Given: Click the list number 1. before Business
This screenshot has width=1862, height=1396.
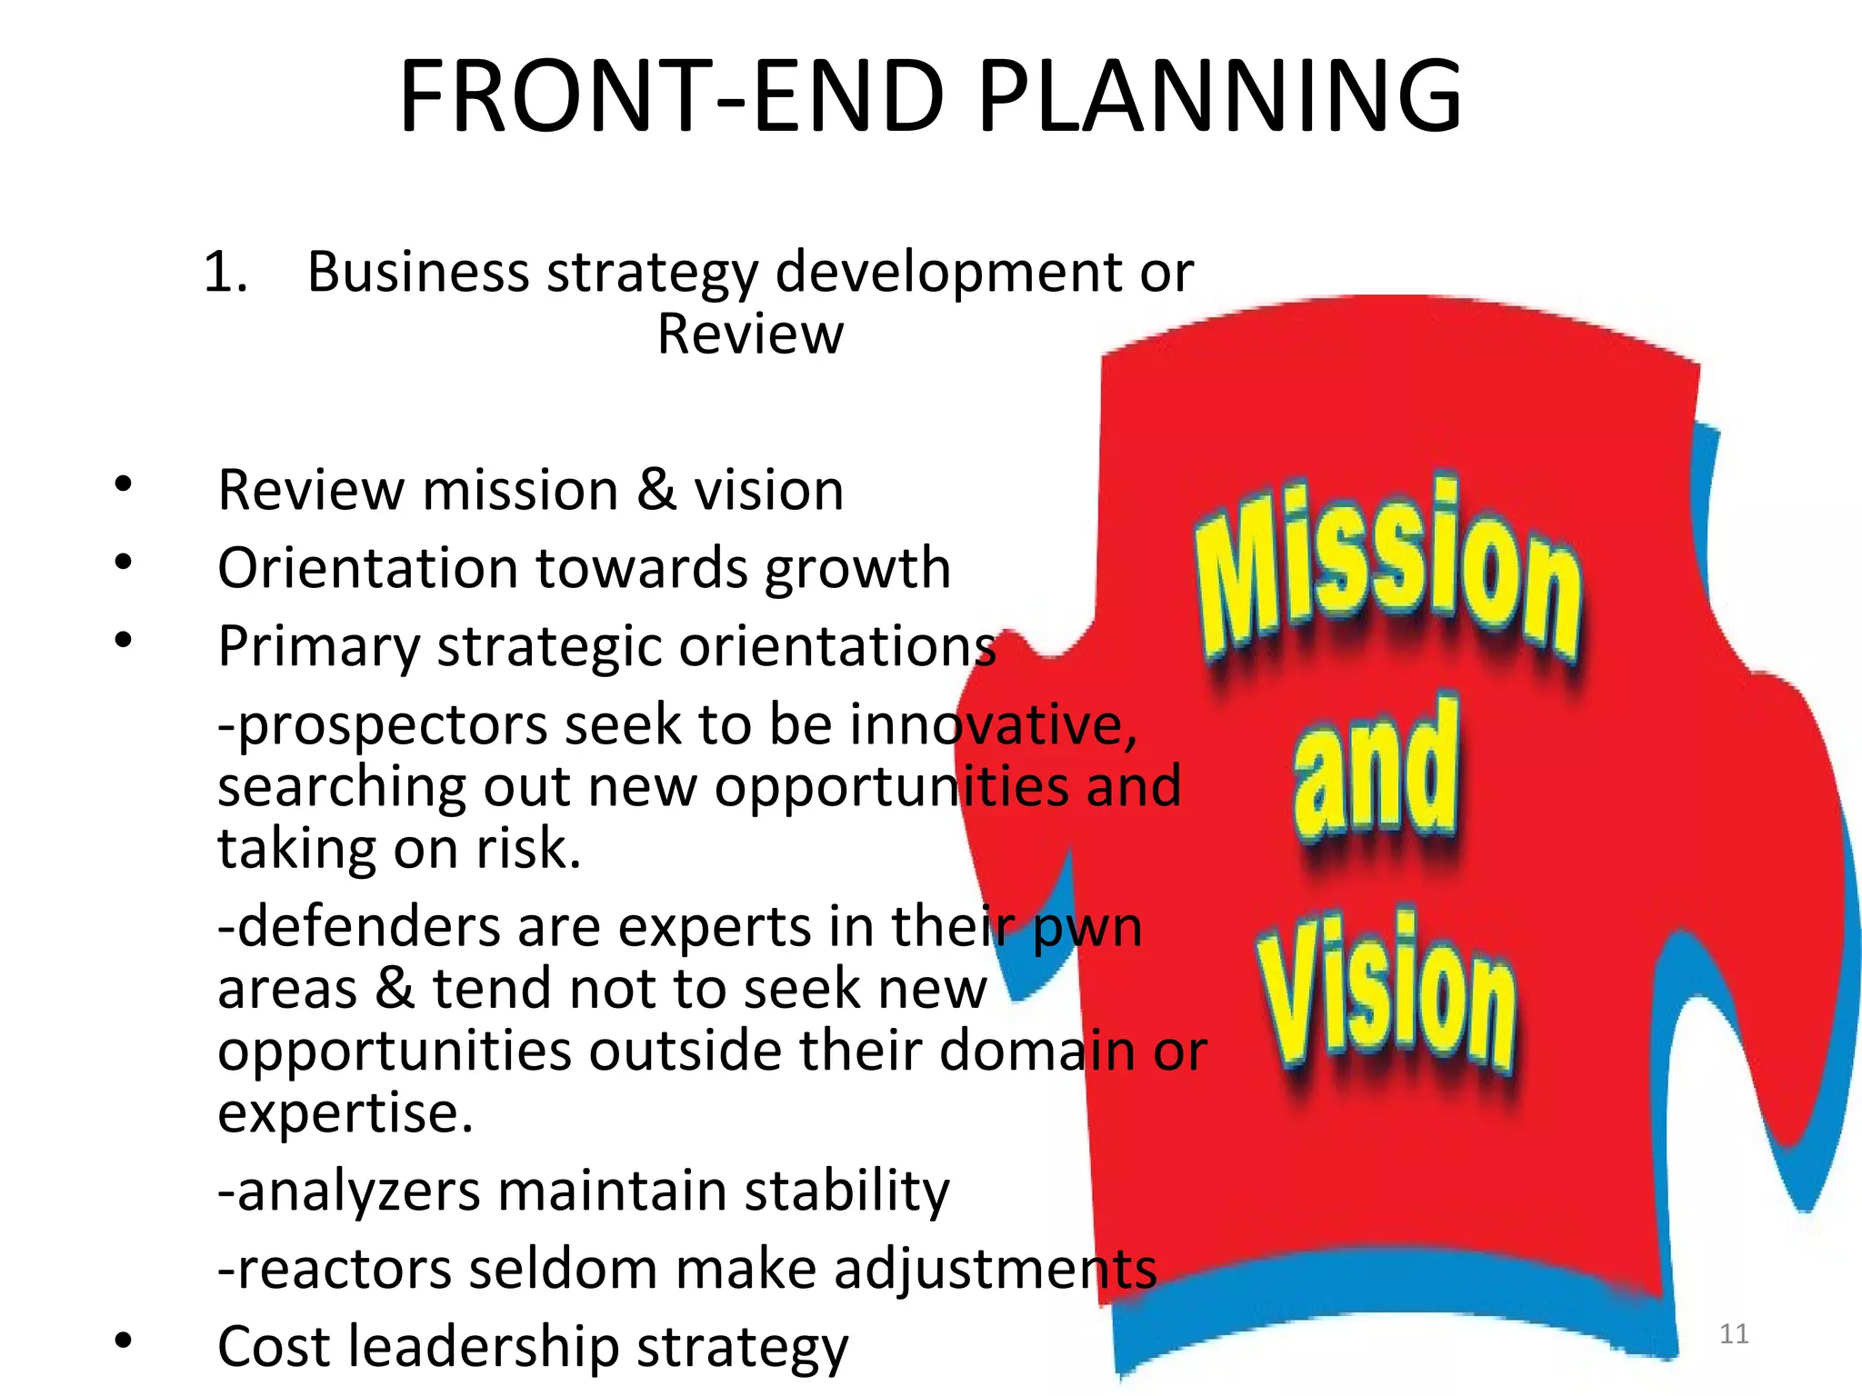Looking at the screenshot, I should click(x=225, y=272).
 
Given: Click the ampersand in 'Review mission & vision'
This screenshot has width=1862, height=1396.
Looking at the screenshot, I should click(x=656, y=490).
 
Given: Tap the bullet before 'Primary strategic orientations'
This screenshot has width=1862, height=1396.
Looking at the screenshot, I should click(x=124, y=641).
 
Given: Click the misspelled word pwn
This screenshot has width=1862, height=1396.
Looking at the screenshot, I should click(x=1087, y=929).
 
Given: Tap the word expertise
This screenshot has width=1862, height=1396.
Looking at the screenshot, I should click(x=345, y=1112).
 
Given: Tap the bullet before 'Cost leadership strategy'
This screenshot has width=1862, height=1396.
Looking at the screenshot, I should click(x=124, y=1341).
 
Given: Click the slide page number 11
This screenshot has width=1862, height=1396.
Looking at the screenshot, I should click(x=1734, y=1334).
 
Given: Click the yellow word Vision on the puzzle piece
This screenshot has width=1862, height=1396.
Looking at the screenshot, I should click(x=1387, y=995).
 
